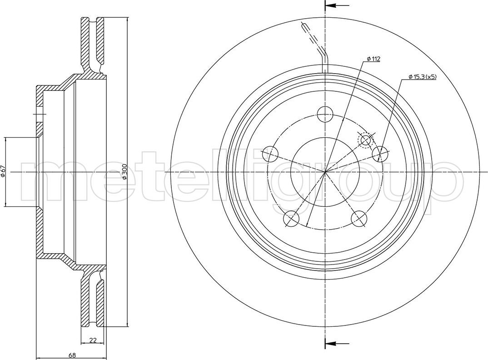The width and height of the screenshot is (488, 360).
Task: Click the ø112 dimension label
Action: click(x=373, y=59)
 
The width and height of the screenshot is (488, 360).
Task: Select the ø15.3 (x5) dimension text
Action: click(x=422, y=76)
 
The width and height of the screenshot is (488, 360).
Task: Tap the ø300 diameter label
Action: click(x=124, y=172)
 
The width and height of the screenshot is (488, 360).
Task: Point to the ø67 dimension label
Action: click(x=3, y=172)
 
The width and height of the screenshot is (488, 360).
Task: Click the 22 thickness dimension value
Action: click(x=92, y=340)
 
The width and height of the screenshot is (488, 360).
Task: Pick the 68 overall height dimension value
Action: click(x=71, y=355)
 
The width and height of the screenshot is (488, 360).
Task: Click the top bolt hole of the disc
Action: click(x=325, y=114)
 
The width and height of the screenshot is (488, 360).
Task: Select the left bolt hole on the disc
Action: click(x=270, y=154)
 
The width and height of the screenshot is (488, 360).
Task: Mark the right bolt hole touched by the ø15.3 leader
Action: click(x=380, y=154)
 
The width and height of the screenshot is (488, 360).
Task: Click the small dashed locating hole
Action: click(x=366, y=140)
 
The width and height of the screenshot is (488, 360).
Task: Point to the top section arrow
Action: click(x=337, y=5)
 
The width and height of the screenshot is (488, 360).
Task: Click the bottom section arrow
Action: click(x=337, y=344)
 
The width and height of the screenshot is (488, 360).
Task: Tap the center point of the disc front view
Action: click(x=325, y=172)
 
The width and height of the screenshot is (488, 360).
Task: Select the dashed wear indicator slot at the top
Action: click(x=315, y=47)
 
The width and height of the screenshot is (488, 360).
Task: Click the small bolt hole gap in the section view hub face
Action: click(x=40, y=116)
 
